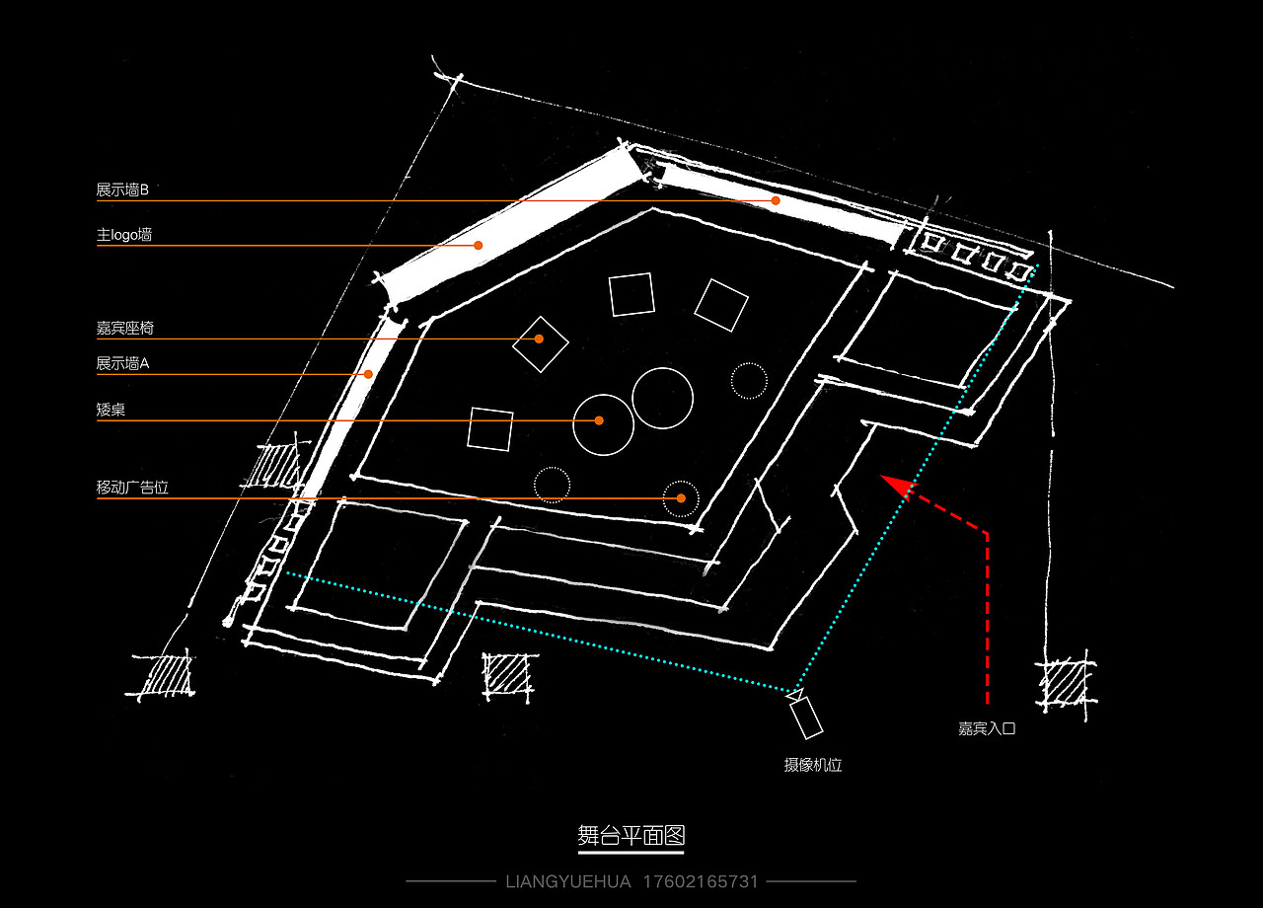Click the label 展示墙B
[x=122, y=190]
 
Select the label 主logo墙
[x=124, y=235]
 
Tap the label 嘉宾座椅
[x=124, y=328]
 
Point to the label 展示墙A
[x=122, y=364]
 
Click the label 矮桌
[x=111, y=410]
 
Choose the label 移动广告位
[x=132, y=488]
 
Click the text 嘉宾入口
[x=987, y=728]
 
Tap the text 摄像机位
[x=812, y=765]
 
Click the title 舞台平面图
[x=631, y=836]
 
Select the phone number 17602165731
[x=701, y=881]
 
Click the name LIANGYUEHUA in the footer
[x=568, y=881]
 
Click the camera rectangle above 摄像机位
[x=806, y=718]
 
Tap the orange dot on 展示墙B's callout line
[x=776, y=200]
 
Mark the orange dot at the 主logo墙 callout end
[x=479, y=246]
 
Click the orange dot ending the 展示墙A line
[x=368, y=374]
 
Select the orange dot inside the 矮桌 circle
[x=599, y=420]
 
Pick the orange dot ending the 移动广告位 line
[x=681, y=498]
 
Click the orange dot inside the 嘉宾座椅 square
[x=539, y=339]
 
